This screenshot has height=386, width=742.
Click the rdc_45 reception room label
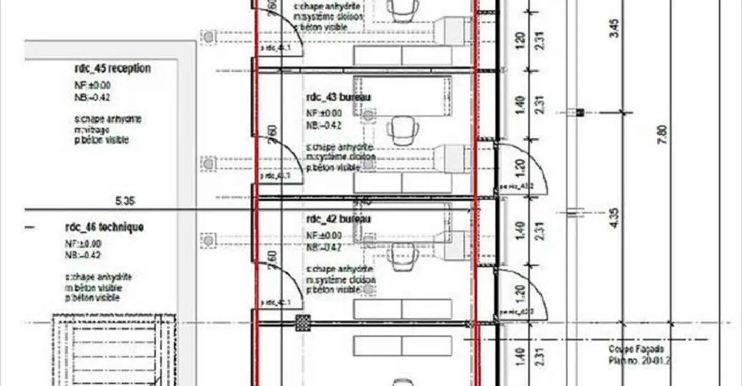112,68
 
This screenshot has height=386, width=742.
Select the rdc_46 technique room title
104,227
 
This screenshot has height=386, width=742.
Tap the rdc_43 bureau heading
339,97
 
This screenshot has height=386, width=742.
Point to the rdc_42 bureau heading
339,219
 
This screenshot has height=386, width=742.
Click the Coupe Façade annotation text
636,349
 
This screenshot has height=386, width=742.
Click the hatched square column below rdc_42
302,323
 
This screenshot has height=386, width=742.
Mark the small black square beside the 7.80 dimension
580,112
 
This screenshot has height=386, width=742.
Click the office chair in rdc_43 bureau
402,130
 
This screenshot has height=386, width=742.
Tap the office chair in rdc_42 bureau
402,256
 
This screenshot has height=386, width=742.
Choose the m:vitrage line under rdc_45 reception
92,130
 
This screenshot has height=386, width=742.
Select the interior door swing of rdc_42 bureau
281,283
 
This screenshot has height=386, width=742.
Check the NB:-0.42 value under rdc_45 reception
92,97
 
